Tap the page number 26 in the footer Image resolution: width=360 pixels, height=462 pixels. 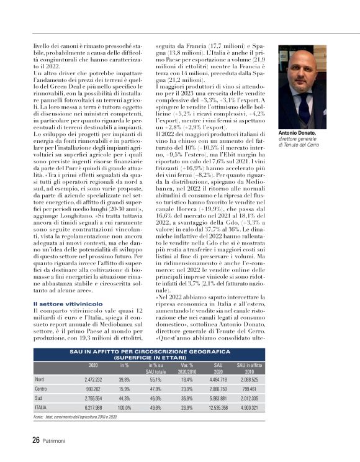36,441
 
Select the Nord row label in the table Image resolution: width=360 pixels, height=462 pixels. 40,379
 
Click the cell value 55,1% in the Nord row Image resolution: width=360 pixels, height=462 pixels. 155,379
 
